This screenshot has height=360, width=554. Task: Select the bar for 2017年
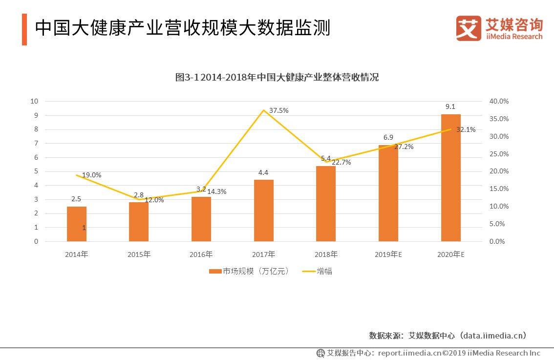point(264,211)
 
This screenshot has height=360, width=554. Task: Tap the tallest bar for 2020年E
point(450,178)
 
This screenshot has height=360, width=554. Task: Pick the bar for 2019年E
point(388,193)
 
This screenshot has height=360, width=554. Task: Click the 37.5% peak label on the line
point(279,110)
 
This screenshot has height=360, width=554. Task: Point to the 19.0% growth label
point(91,175)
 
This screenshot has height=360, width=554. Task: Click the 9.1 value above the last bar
point(450,106)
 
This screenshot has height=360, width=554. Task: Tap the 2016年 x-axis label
point(201,254)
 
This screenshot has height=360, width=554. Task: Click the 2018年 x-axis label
point(326,254)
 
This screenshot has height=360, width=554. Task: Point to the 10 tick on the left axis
point(34,101)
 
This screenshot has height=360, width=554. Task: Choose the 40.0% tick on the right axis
point(499,101)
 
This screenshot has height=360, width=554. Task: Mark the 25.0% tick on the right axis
point(499,154)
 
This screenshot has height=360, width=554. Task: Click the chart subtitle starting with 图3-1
point(277,77)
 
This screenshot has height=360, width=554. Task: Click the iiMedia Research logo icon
point(469,28)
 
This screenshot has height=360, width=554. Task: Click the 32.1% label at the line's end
point(466,130)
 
